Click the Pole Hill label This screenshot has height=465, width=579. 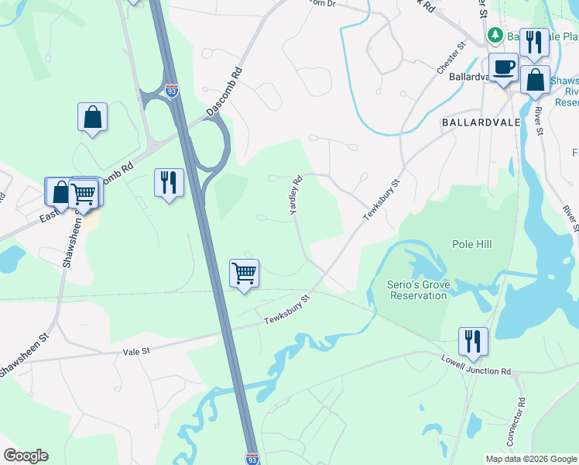(472, 244)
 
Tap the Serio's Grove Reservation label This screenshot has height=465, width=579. (418, 290)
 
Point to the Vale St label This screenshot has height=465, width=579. (136, 352)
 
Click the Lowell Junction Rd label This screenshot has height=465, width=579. (477, 364)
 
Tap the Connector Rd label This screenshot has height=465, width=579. (516, 422)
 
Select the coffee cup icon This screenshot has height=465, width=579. (503, 67)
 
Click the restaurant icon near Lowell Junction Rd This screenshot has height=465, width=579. (472, 340)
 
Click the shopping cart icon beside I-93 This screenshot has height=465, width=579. (244, 273)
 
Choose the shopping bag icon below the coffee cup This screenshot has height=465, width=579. (535, 79)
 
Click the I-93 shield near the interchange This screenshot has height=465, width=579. (172, 91)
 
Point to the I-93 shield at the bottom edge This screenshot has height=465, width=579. (252, 459)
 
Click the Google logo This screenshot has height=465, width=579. (26, 456)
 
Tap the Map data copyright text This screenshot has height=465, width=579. (530, 459)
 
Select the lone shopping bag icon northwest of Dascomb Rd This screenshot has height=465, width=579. (92, 117)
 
